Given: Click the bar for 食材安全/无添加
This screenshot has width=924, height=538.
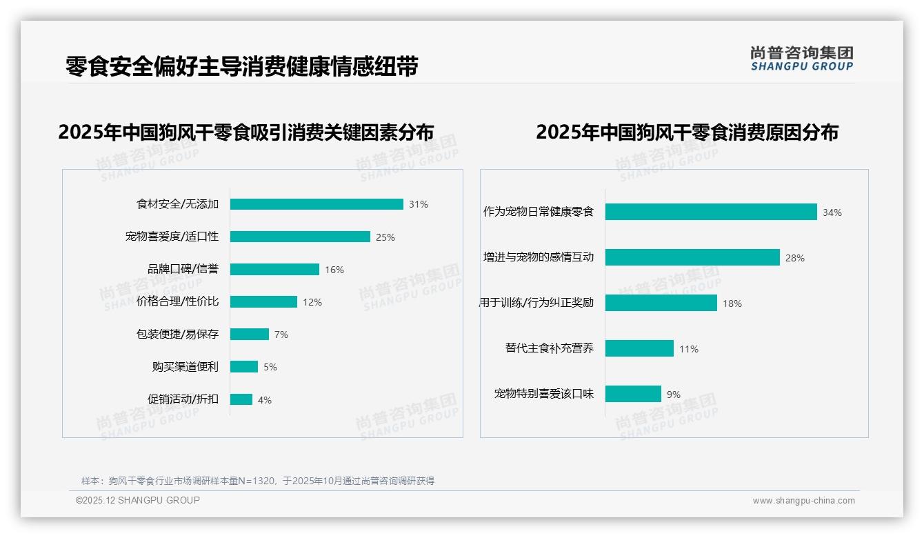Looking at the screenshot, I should pos(317,204).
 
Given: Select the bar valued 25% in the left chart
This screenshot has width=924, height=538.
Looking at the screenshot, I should pos(300,237).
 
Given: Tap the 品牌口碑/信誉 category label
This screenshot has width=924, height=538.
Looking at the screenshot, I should pos(183,269).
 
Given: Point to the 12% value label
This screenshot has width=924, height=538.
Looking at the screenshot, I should pos(312,302).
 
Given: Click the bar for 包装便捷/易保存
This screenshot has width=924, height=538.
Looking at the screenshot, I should pos(250,335).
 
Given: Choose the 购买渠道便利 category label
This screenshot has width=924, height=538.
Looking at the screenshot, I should pos(185,367).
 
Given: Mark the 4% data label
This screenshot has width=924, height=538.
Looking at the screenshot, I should pos(265,400).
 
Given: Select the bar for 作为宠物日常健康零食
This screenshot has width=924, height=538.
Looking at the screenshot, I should pos(711,212).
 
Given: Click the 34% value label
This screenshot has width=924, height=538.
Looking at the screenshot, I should pos(832,212).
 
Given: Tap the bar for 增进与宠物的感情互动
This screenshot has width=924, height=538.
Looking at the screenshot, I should pos(692,257).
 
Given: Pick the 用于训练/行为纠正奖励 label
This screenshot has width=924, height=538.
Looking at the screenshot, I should pos(536,303).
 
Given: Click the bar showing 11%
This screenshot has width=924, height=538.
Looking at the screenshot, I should pos(639,348).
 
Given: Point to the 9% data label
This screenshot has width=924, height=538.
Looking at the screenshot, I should pos(673,395).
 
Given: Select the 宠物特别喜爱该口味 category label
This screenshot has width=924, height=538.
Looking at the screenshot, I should pos(543,394).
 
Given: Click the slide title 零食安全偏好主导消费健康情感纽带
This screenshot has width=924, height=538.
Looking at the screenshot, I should pos(241,66).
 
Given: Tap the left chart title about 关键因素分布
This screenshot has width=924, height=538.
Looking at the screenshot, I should pos(246,132).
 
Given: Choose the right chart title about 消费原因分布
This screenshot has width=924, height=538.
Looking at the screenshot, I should pos(687,132).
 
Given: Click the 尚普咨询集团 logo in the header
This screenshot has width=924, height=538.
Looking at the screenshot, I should pos(801,59).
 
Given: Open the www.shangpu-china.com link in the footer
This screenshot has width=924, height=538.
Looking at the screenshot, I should pos(803,501).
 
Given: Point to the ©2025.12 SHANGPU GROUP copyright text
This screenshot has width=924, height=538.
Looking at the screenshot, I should pos(137,500).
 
